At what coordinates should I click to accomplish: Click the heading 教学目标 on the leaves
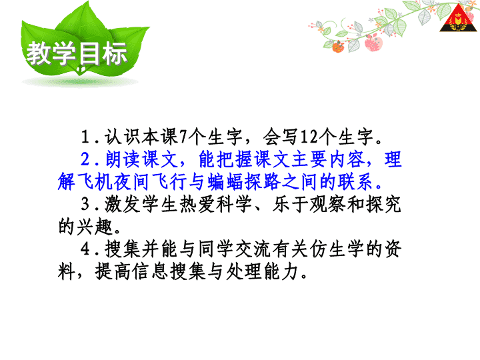pos(77,53)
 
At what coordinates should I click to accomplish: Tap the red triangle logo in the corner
pos(458,19)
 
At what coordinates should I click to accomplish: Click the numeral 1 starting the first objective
pos(85,137)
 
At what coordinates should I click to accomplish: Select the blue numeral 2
pos(85,159)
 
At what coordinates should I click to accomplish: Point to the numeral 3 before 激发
pos(85,204)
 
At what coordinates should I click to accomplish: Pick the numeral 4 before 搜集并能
pos(85,249)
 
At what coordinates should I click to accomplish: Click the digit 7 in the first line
pos(183,137)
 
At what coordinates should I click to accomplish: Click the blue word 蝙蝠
pos(225,181)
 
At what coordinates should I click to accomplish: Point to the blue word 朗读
pos(123,159)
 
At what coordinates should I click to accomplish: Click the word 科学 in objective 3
pos(234,204)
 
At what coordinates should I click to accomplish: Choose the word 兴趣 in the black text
pos(95,227)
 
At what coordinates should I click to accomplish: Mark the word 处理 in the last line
pos(243,272)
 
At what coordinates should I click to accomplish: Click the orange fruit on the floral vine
pos(338,47)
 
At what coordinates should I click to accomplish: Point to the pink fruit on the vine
pos(373,43)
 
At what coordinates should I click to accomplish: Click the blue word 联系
pos(356,181)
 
